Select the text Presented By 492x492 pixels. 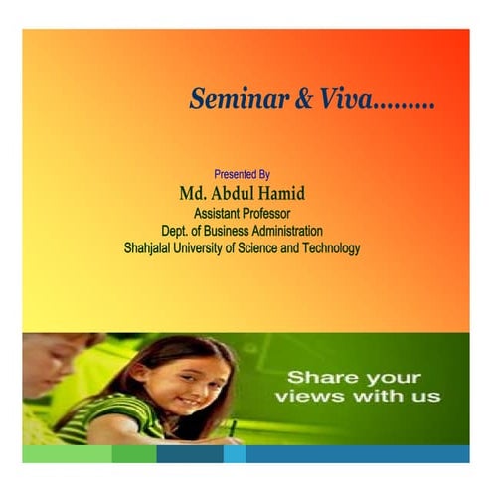point(243,173)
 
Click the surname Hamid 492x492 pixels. point(280,192)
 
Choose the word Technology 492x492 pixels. point(329,248)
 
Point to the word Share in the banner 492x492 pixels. point(316,378)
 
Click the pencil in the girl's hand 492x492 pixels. point(233,430)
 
